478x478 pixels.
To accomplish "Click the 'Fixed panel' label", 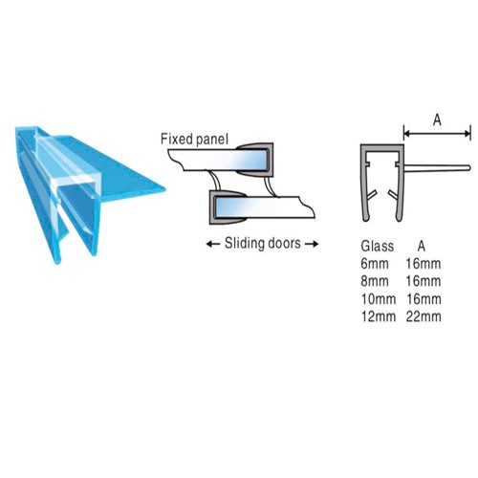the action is [x=194, y=140].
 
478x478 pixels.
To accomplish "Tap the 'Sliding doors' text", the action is [x=263, y=244].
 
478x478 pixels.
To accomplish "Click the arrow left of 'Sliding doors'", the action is [x=213, y=245].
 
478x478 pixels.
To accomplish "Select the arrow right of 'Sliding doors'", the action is [x=312, y=245].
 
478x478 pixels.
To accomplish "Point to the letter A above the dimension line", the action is [x=437, y=120].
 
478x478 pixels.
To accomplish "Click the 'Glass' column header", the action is [x=378, y=247].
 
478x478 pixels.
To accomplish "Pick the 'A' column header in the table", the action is [x=422, y=247].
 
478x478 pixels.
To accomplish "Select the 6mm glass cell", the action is [x=375, y=264].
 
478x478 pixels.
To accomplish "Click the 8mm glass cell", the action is [x=375, y=281].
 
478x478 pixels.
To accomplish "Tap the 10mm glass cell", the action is [x=379, y=299].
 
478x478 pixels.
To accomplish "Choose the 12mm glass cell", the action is [x=379, y=316].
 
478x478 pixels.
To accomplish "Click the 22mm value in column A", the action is [x=424, y=316].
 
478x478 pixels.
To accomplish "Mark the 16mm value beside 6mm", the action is [x=424, y=264].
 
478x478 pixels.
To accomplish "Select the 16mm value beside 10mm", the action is [x=424, y=299].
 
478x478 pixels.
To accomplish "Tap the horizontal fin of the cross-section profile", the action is [x=437, y=168].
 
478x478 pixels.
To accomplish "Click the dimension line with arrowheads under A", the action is [x=437, y=134].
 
